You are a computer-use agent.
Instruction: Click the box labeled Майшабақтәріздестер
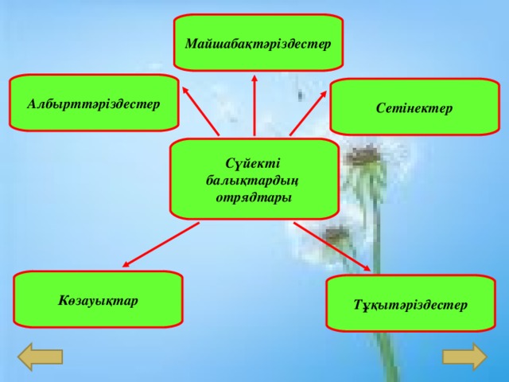point(258,42)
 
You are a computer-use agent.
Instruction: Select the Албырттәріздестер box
point(94,103)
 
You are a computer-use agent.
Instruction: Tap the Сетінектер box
point(414,107)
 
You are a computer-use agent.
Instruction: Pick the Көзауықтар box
point(98,299)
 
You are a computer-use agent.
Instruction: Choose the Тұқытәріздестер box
point(410,303)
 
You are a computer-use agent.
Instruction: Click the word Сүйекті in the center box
point(253,163)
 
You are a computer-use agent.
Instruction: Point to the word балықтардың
point(252,181)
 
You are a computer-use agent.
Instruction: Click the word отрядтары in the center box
point(254,197)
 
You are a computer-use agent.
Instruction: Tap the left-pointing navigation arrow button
point(40,357)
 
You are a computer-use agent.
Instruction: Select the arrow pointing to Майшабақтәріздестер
point(254,105)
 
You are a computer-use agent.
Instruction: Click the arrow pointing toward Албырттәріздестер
point(200,111)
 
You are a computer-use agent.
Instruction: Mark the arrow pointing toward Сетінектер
point(308,113)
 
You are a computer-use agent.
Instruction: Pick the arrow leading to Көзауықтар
point(161,244)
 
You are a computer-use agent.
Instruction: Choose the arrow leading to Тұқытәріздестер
point(332,246)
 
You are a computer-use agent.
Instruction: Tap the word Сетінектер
point(414,108)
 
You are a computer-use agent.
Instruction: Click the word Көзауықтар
point(98,301)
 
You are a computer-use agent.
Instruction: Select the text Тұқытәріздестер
point(410,305)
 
